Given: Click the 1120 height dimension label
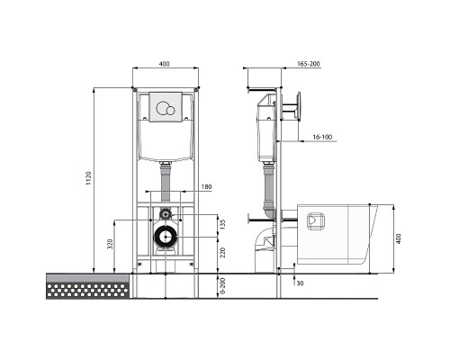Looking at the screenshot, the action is click(x=88, y=178).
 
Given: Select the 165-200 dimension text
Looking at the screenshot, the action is click(x=309, y=64).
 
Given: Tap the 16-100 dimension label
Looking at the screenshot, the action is click(x=322, y=137).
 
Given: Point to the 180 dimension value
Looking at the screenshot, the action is click(x=206, y=186).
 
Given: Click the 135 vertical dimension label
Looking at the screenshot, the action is click(x=222, y=224).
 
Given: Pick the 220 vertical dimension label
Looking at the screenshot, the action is click(x=222, y=253).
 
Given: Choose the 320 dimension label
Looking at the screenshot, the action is click(x=110, y=244).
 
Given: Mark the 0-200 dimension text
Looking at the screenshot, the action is click(x=222, y=286).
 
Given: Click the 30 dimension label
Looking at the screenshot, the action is click(x=300, y=283).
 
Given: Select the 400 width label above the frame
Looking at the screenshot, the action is click(x=164, y=64).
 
